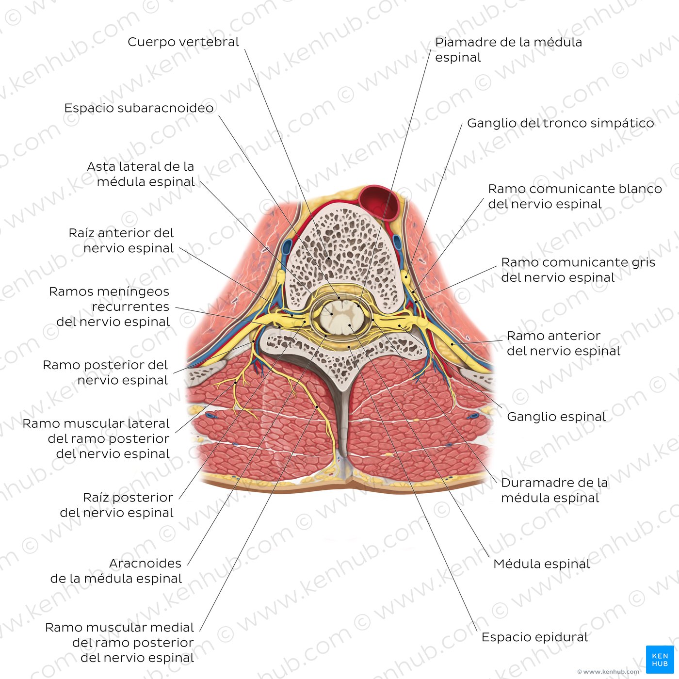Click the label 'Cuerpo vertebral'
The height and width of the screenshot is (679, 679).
[x=183, y=42]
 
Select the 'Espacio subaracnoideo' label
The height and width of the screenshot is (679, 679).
[x=139, y=108]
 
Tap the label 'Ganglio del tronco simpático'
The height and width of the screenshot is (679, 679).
[x=560, y=123]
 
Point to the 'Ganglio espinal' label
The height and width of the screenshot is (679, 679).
[x=556, y=417]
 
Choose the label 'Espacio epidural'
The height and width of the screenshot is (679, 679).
[x=534, y=637]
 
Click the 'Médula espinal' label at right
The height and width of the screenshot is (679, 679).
[x=541, y=564]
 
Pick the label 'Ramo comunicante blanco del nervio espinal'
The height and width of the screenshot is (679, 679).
[x=575, y=196]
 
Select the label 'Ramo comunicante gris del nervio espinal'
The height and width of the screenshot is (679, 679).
[x=578, y=270]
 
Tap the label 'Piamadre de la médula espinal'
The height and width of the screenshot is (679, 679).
[x=508, y=49]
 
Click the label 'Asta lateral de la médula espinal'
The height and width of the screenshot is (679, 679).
[x=141, y=174]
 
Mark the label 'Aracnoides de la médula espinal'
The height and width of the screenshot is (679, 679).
[x=116, y=571]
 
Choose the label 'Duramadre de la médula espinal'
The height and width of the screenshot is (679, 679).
[x=554, y=490]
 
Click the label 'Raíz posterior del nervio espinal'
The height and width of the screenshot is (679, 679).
[x=117, y=505]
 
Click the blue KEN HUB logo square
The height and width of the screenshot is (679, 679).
[x=660, y=660]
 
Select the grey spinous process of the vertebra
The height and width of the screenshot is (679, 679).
[x=343, y=417]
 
